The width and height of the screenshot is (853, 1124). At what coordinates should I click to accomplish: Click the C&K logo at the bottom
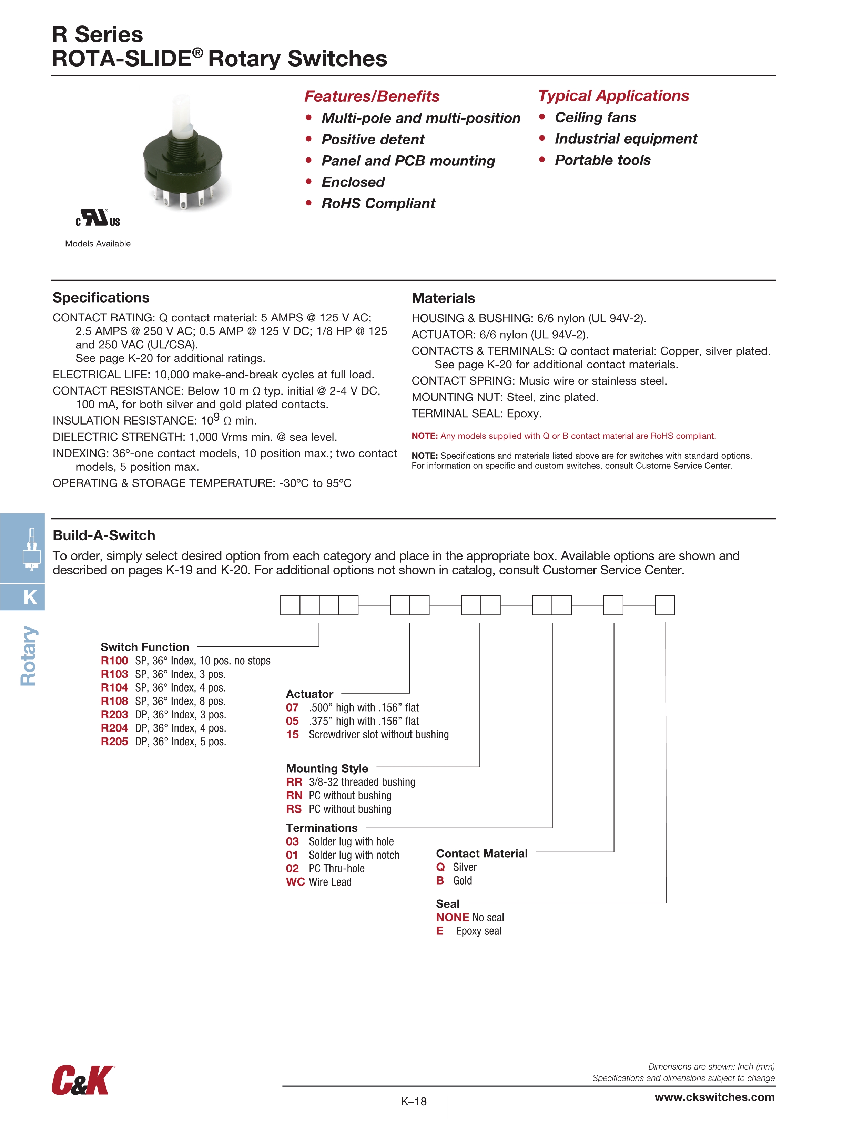click(82, 1080)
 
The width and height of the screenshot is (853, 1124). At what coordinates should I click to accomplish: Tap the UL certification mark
click(98, 218)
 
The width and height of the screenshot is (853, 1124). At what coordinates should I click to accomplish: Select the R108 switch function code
click(114, 701)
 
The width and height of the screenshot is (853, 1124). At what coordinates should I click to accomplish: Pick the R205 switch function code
click(114, 742)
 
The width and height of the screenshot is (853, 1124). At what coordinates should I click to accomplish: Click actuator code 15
click(292, 735)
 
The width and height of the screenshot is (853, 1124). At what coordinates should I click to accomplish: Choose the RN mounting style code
click(294, 796)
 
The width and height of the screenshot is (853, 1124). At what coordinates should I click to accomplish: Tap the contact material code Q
click(440, 867)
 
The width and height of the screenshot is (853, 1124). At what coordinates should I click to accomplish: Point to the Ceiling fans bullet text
click(595, 118)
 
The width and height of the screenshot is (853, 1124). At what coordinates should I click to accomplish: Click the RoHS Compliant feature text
click(378, 204)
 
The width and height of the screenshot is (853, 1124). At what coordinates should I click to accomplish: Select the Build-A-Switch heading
click(104, 535)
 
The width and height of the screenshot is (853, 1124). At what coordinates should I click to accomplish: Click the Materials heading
click(443, 298)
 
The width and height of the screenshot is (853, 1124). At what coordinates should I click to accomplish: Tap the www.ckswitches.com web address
click(714, 1097)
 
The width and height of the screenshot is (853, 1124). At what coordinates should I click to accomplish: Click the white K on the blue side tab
click(30, 597)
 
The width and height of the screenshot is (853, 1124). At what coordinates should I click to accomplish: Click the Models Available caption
click(98, 244)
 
